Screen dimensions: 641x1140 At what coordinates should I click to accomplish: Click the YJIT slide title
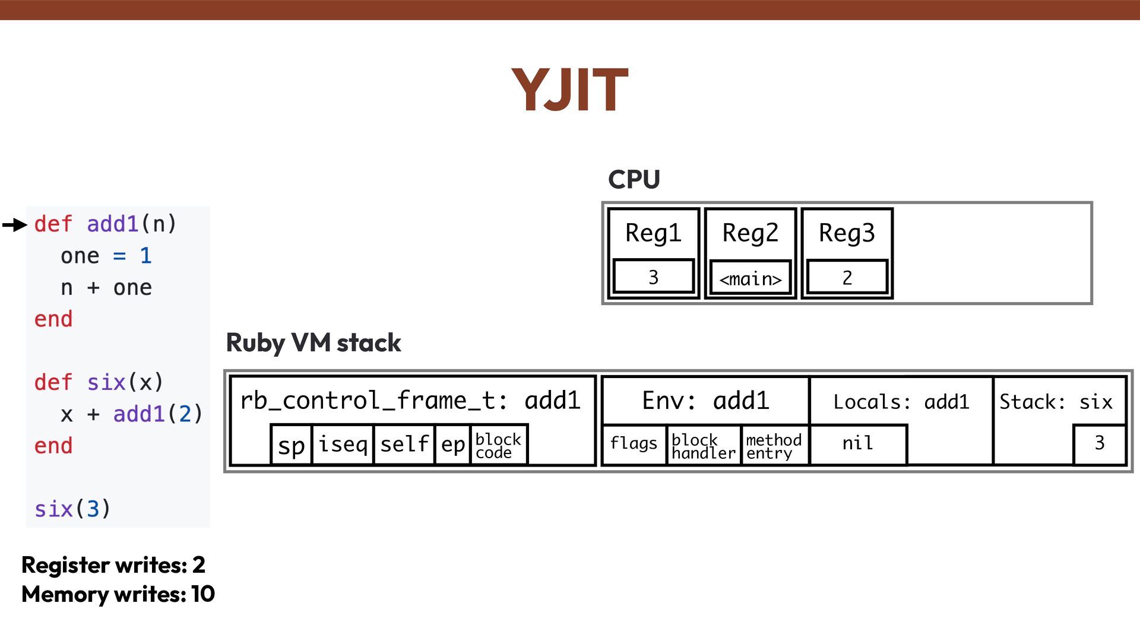click(x=569, y=90)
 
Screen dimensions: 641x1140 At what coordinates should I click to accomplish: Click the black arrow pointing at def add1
click(x=15, y=225)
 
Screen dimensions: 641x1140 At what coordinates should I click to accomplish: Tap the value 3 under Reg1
click(x=653, y=277)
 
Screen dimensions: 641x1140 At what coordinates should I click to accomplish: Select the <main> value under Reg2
click(x=750, y=278)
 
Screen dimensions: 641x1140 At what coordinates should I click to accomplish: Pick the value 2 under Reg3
click(x=847, y=277)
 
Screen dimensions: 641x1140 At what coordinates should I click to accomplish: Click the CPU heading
click(x=634, y=179)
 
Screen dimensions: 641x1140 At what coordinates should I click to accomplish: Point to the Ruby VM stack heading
click(x=313, y=343)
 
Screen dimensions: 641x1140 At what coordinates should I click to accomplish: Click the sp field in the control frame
click(x=291, y=445)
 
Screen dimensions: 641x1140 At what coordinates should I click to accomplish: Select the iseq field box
click(x=343, y=444)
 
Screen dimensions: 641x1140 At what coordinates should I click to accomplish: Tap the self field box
click(x=404, y=444)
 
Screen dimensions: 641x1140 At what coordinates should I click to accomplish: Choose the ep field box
click(x=453, y=444)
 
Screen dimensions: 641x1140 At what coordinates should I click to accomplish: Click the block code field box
click(x=498, y=445)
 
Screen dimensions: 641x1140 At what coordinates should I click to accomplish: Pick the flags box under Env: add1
click(x=634, y=443)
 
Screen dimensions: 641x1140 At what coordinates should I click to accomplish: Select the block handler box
click(x=704, y=446)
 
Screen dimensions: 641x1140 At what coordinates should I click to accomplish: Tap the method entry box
click(x=774, y=446)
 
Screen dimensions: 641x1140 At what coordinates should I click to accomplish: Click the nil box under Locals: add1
click(x=858, y=443)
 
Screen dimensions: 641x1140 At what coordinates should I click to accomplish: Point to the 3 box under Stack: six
click(x=1100, y=443)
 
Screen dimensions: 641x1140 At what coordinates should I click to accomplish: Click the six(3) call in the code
click(x=72, y=509)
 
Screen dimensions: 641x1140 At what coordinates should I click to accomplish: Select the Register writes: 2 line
click(x=113, y=565)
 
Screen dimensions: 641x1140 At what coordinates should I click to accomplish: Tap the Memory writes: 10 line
click(x=118, y=594)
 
